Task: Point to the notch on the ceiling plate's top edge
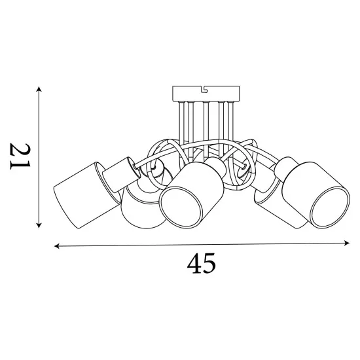[205, 88]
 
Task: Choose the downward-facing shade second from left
[139, 208]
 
